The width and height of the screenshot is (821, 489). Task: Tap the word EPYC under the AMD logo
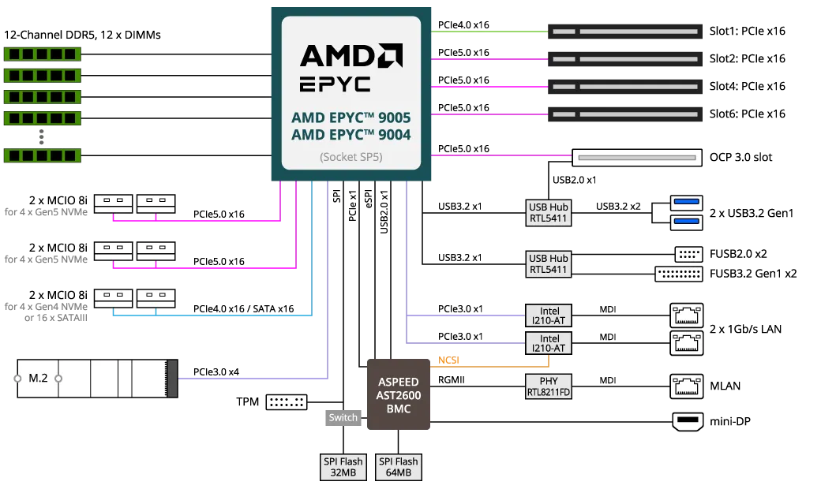tap(335, 84)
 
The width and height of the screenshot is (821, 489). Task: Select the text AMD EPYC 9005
tap(351, 118)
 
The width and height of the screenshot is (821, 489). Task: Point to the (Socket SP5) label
tap(351, 157)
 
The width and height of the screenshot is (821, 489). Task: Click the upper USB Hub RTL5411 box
tap(549, 213)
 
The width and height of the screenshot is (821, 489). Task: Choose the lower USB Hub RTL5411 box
tap(549, 264)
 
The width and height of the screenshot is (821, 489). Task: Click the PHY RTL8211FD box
tap(549, 386)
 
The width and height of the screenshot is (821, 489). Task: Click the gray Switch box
tap(343, 418)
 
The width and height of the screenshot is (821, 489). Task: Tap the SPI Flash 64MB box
tap(398, 468)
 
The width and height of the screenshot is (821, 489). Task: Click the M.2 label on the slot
tap(38, 379)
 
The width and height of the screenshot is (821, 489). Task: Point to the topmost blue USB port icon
tap(687, 203)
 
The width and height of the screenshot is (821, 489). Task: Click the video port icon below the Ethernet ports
tap(687, 421)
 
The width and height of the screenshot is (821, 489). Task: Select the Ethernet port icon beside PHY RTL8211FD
tap(687, 386)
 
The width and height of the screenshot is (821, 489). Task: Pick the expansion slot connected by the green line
tap(624, 32)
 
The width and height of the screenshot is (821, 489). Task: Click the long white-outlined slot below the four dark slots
tap(636, 159)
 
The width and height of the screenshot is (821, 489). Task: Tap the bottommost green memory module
tap(43, 155)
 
